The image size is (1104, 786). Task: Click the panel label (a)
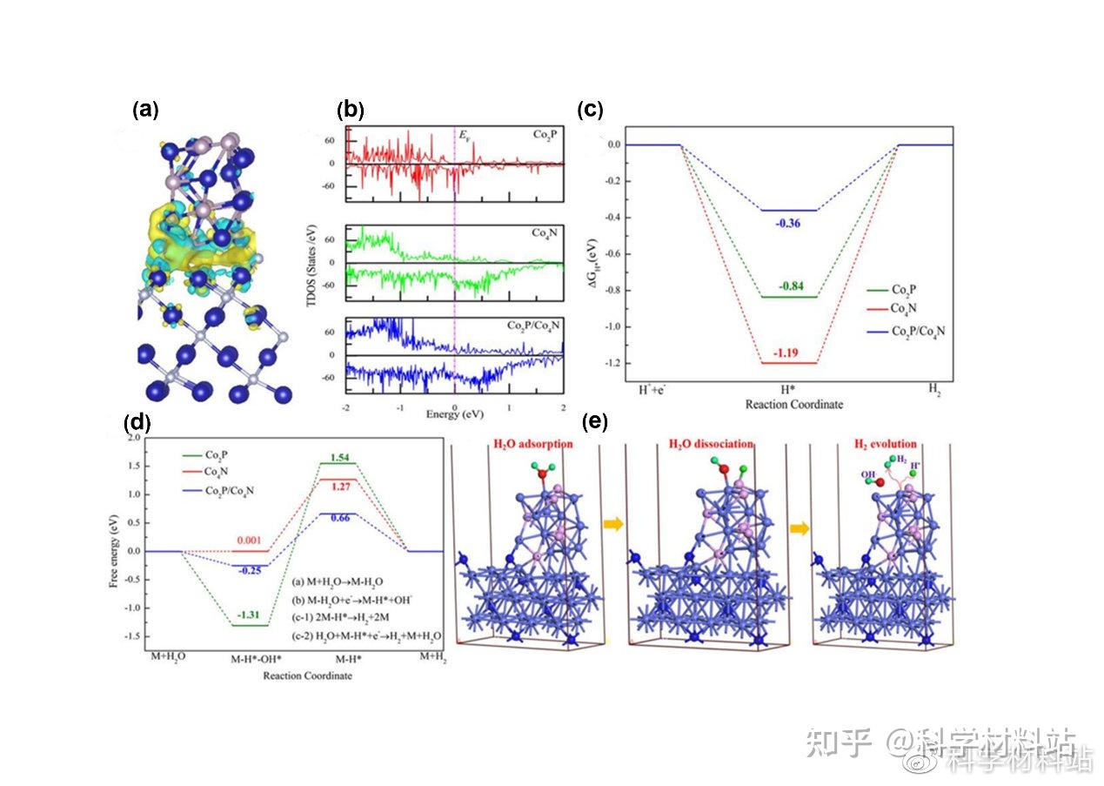click(x=144, y=109)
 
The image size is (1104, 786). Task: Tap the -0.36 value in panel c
click(x=787, y=223)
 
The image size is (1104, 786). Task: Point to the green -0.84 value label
click(x=787, y=285)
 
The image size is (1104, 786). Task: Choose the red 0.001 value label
click(x=250, y=540)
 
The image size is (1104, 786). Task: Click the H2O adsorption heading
click(x=532, y=444)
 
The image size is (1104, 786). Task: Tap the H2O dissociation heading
click(x=710, y=444)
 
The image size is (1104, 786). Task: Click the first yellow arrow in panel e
click(x=612, y=524)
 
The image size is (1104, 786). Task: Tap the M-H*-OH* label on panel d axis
click(x=255, y=659)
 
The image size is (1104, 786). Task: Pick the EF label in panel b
click(x=465, y=136)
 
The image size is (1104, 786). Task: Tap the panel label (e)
click(x=595, y=422)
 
